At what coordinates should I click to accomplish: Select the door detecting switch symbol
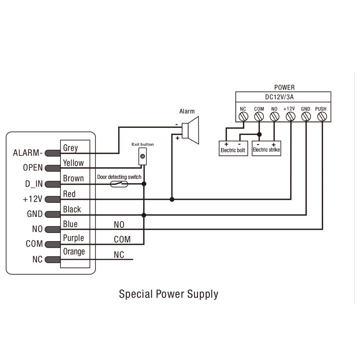click(x=119, y=184)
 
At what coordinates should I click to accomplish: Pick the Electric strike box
click(x=266, y=150)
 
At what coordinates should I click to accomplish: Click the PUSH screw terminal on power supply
click(x=321, y=117)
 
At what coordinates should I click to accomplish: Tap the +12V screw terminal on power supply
click(x=290, y=117)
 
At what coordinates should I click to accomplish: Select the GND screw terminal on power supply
click(x=306, y=117)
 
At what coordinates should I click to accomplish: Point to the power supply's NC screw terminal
click(x=243, y=117)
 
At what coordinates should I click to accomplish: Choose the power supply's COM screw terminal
click(x=259, y=117)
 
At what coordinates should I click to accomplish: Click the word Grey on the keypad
click(x=71, y=148)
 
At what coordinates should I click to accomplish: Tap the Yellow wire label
click(x=73, y=163)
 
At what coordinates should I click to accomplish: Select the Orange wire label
click(x=74, y=252)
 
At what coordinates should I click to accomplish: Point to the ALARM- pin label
click(x=28, y=153)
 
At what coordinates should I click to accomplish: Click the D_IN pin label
click(x=34, y=184)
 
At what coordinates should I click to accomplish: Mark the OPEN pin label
click(x=33, y=168)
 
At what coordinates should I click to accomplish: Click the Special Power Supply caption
click(x=168, y=294)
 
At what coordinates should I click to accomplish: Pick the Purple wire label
click(x=73, y=238)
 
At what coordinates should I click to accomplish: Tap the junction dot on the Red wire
click(x=172, y=199)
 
